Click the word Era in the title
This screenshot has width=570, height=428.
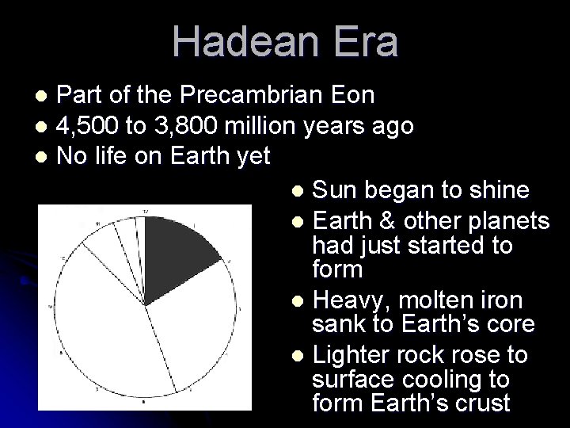click(x=365, y=43)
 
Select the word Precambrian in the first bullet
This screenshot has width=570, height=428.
click(x=254, y=97)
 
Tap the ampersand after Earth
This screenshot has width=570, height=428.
click(x=390, y=219)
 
